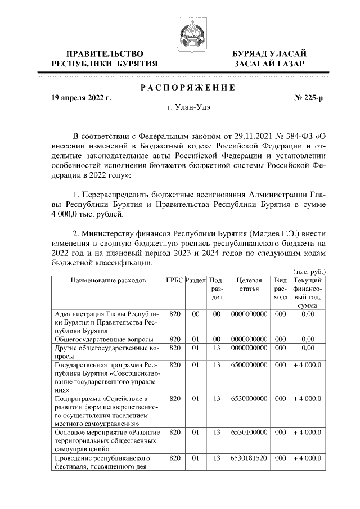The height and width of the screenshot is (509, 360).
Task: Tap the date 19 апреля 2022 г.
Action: tap(81, 97)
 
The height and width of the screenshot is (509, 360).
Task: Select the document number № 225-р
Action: tap(308, 97)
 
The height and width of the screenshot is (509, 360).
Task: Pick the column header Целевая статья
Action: tap(249, 285)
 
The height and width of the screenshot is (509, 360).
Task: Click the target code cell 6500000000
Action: tap(249, 364)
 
